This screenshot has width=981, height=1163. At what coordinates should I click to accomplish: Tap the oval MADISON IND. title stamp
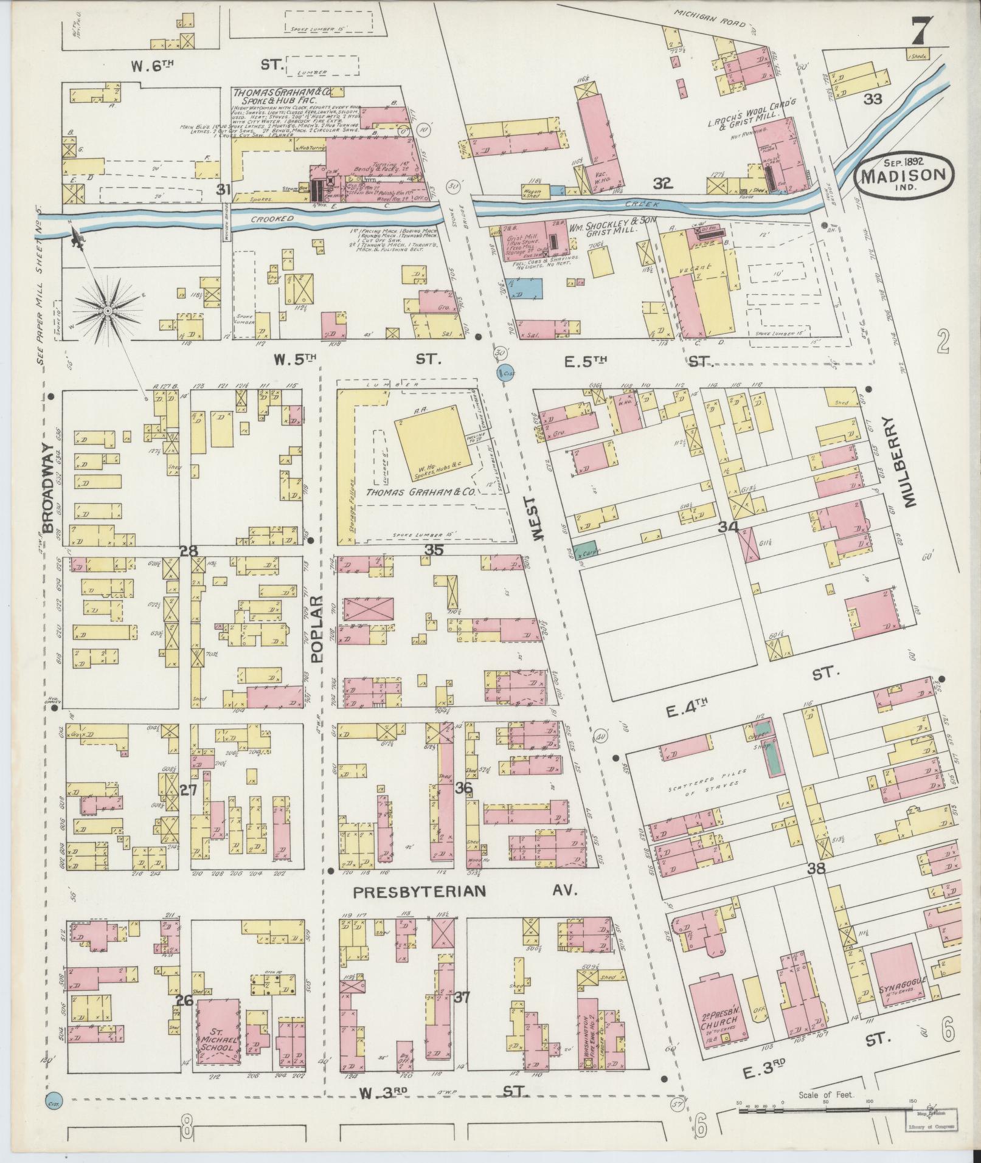903,174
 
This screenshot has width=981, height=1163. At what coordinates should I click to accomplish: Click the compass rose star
107,310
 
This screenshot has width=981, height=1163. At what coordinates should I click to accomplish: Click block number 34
728,526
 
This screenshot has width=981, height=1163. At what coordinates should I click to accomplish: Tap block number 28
189,551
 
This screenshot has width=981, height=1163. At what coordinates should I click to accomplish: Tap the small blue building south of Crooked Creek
525,289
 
